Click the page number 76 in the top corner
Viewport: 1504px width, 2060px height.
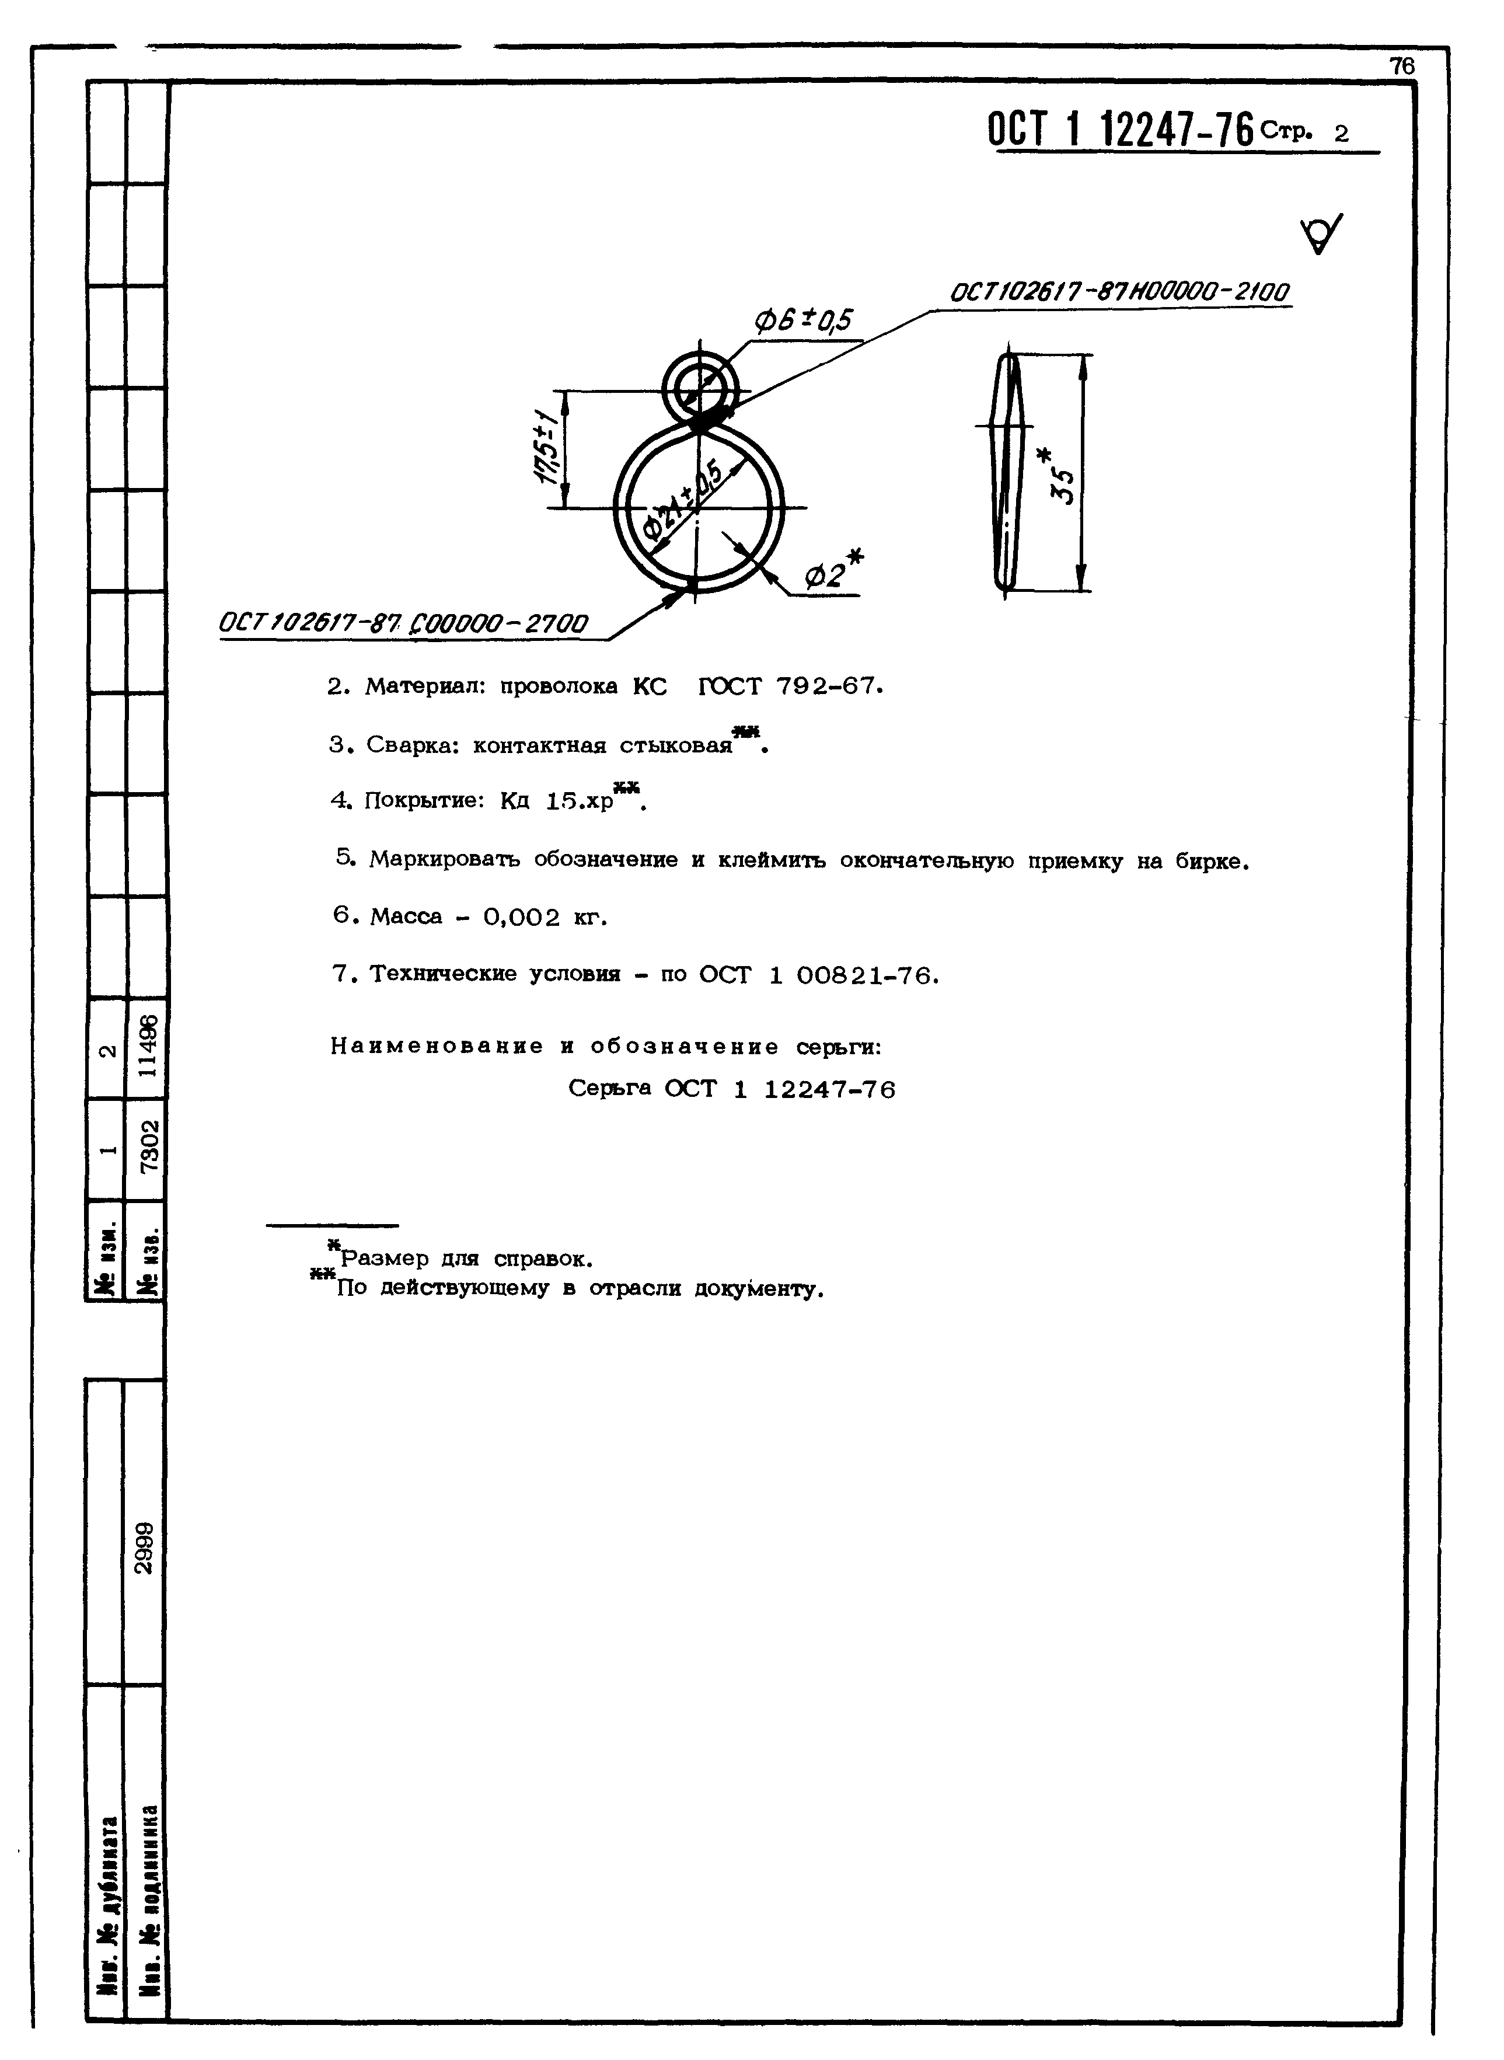coord(1401,67)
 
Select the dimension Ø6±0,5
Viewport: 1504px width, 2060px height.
coord(802,320)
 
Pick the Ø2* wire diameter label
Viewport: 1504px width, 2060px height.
coord(833,573)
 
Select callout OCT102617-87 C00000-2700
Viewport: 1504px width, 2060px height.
coord(403,624)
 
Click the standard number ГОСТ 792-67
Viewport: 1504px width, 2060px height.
coord(790,686)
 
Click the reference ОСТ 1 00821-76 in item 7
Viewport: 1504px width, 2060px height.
coord(818,975)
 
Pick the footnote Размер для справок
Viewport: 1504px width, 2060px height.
coord(465,1260)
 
